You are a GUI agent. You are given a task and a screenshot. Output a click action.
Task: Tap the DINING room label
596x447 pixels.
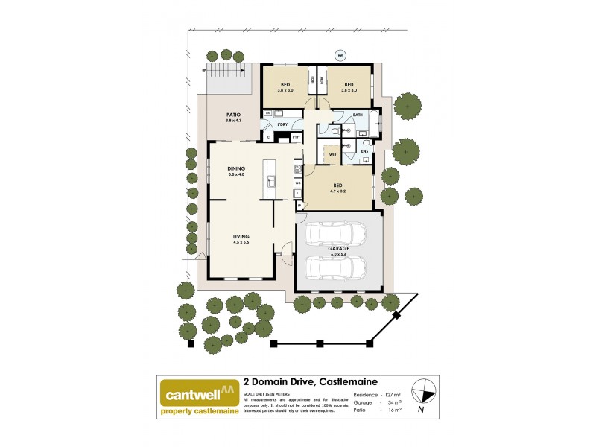pos(236,168)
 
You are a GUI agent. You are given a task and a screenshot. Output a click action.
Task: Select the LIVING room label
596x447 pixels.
pos(240,236)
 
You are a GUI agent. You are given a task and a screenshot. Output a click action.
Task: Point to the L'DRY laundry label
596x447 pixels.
pos(282,124)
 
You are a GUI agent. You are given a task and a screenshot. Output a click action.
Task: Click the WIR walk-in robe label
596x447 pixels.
pos(333,155)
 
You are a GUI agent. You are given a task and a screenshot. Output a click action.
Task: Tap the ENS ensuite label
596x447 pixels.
pos(364,152)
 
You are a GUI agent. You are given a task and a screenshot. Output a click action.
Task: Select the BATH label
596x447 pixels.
pos(358,115)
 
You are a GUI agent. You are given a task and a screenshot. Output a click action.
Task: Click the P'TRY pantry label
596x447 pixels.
pos(296,137)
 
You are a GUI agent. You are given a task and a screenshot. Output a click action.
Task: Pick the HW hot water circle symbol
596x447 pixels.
pos(340,54)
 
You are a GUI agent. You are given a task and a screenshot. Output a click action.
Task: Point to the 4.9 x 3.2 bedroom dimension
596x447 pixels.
pos(338,191)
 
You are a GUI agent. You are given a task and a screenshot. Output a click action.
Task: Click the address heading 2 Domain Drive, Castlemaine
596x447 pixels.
pos(317,381)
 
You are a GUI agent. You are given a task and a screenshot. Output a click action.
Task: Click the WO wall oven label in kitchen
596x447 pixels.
pos(297,183)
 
